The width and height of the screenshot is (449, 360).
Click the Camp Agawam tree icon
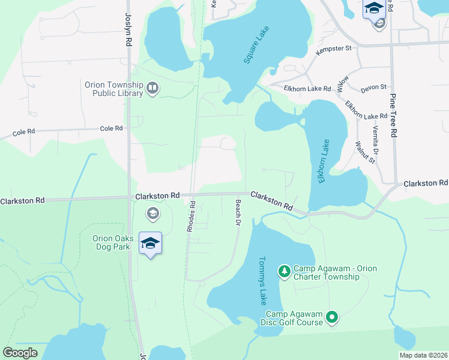[x=284, y=272]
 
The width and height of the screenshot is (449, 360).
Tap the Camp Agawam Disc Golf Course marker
[x=332, y=317]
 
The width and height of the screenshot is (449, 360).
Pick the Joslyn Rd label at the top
[x=128, y=30]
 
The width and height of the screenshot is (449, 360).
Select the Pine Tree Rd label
[x=394, y=116]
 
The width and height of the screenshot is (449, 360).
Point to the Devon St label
[x=373, y=88]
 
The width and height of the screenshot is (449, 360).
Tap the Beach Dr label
[x=238, y=213]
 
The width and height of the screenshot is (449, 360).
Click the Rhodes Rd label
[x=190, y=217]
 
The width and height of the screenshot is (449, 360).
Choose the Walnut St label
[x=364, y=152]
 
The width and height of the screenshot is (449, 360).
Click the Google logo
[x=20, y=353]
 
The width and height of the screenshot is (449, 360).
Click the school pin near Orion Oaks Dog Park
[x=150, y=243]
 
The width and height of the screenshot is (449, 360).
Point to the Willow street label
[x=342, y=83]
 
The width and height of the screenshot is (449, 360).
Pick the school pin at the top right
[x=374, y=9]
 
